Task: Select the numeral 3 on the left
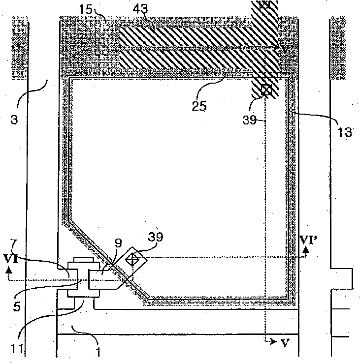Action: tap(19, 106)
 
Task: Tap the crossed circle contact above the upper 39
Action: tap(266, 90)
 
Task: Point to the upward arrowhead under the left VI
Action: tap(9, 270)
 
